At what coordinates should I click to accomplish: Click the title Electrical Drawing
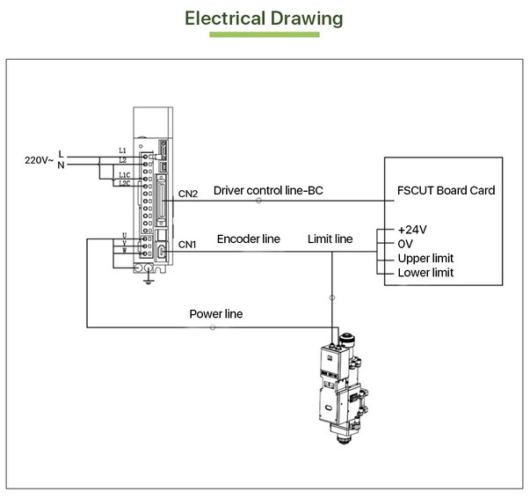[264, 18]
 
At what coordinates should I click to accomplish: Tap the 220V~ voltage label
[40, 160]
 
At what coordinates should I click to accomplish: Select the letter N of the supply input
[61, 165]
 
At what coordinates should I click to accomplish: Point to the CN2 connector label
[188, 192]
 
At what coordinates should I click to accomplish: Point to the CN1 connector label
[188, 244]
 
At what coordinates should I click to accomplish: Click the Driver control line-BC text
[269, 190]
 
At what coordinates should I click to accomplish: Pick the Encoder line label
[249, 238]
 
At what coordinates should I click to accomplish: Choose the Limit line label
[330, 238]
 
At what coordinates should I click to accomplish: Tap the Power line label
[216, 314]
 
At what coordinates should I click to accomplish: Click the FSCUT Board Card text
[446, 190]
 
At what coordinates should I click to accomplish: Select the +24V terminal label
[412, 229]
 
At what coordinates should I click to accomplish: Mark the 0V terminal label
[406, 244]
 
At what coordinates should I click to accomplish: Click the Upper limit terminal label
[426, 258]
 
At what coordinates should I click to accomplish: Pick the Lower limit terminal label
[426, 273]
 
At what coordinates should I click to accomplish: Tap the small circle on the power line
[213, 328]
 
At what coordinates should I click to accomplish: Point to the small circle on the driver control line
[258, 202]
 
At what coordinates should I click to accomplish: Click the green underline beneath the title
[264, 35]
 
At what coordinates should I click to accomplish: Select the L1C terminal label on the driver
[125, 175]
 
